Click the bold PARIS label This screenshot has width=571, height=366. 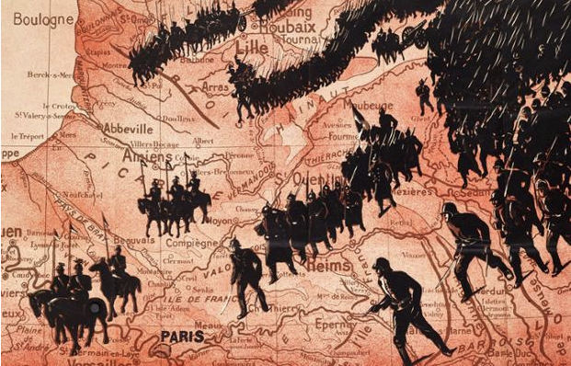(x=182, y=337)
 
